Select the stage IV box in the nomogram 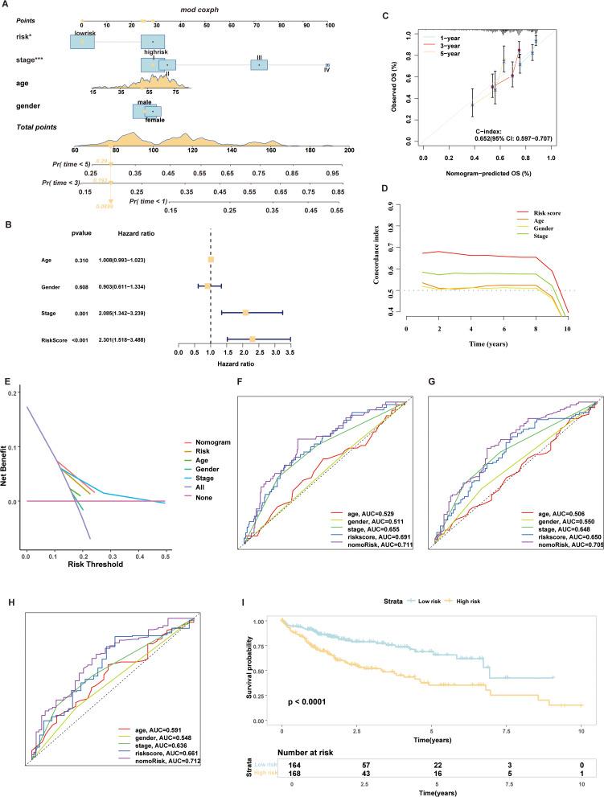point(327,65)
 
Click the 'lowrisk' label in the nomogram point(85,33)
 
